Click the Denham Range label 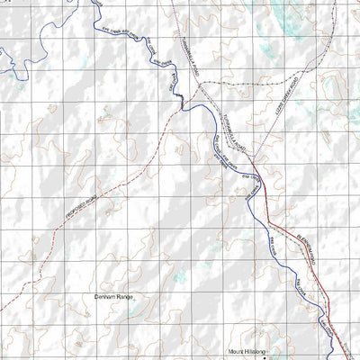click(x=112, y=295)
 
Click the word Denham click(x=105, y=295)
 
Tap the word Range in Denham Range click(x=124, y=295)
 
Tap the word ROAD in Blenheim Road click(x=310, y=261)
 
